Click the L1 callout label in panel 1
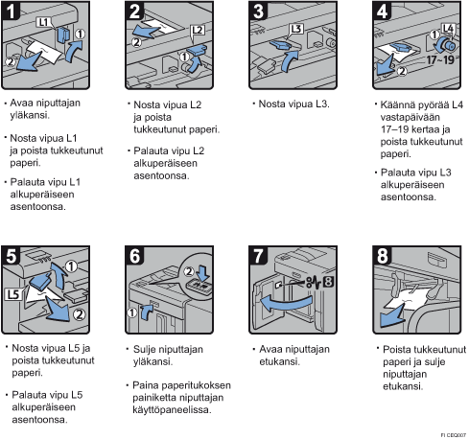pos(43,22)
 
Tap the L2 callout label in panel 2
pos(198,30)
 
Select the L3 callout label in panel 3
pos(296,29)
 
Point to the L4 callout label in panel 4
pos(448,28)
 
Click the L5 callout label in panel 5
pos(12,294)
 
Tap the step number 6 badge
pos(134,256)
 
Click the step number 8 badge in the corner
pos(382,256)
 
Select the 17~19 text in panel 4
pos(440,59)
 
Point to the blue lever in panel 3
pos(280,45)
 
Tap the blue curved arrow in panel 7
pos(285,304)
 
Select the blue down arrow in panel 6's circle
pos(203,272)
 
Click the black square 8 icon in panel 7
pos(328,282)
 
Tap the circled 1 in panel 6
pos(132,312)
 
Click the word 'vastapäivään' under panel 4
pos(410,117)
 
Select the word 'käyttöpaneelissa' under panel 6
pos(172,409)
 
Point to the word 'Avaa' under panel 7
pos(270,349)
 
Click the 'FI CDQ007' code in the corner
pos(454,435)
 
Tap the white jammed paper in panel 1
pos(44,52)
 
